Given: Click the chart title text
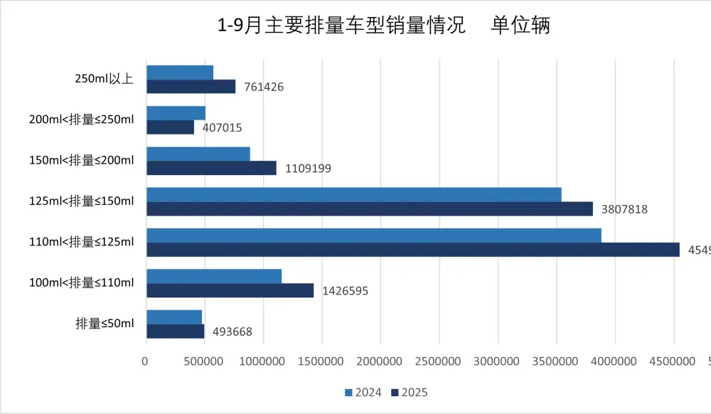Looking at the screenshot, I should click(384, 26).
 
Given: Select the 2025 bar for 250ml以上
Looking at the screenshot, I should click(191, 87).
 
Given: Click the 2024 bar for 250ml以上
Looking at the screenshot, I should click(180, 72).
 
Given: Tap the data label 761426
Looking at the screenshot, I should click(263, 87).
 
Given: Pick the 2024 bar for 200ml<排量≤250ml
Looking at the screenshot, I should click(176, 113).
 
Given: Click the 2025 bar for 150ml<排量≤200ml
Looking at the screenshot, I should click(211, 168).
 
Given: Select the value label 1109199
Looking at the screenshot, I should click(308, 169).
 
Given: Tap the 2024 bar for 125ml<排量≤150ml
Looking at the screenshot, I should click(353, 194).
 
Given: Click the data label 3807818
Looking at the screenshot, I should click(624, 210).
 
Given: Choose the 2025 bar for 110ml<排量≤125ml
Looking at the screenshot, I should click(412, 250).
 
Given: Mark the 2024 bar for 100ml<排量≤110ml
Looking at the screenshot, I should click(213, 276).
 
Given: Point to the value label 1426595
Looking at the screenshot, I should click(345, 291).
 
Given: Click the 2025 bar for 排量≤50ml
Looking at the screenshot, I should click(175, 331).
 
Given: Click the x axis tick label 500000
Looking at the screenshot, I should click(204, 362).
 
